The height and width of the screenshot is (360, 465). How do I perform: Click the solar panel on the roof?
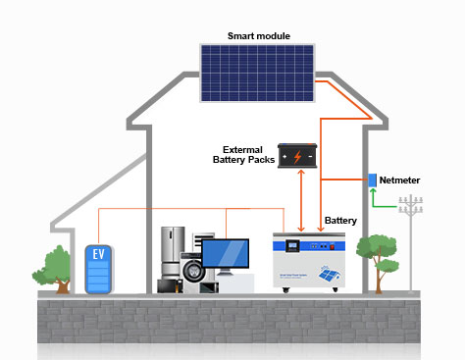pyautogui.click(x=258, y=75)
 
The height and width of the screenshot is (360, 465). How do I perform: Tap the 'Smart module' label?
pyautogui.click(x=259, y=36)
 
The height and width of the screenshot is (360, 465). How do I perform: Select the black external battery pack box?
pyautogui.click(x=297, y=155)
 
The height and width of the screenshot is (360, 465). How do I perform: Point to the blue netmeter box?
pyautogui.click(x=373, y=180)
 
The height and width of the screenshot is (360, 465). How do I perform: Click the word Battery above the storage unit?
pyautogui.click(x=340, y=220)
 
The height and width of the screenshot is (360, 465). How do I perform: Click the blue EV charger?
pyautogui.click(x=98, y=270)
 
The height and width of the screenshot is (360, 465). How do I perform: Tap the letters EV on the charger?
pyautogui.click(x=98, y=253)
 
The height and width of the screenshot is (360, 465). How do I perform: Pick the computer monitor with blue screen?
pyautogui.click(x=226, y=256)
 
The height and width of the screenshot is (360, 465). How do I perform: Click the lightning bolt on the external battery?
pyautogui.click(x=297, y=156)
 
